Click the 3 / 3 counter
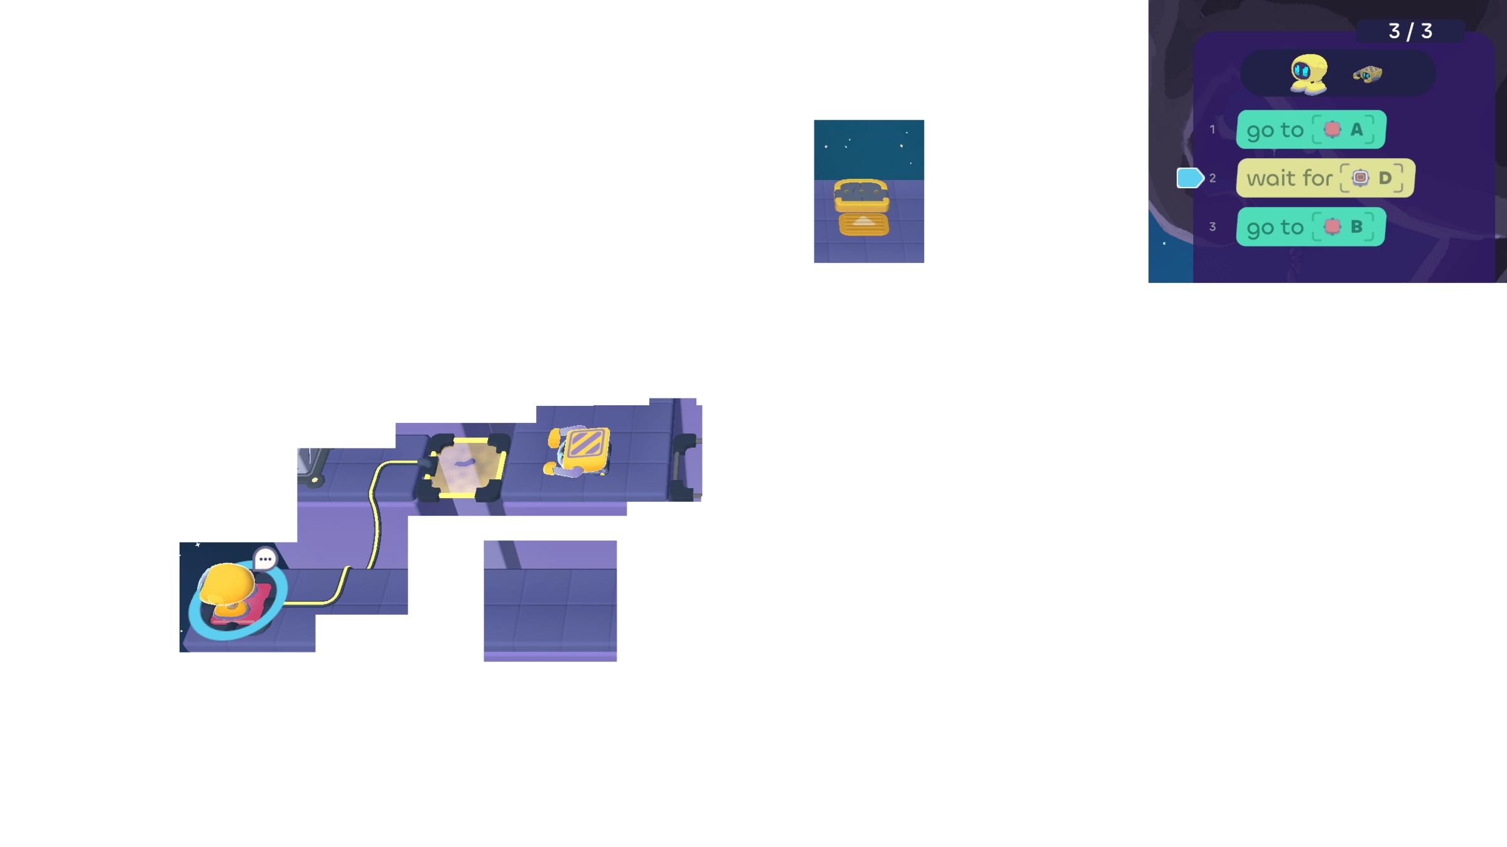[1410, 31]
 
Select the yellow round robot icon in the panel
[1309, 74]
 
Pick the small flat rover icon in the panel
[1368, 75]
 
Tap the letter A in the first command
[1357, 129]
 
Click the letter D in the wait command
[1385, 178]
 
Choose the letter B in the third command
[1357, 226]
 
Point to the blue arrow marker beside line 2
[1189, 178]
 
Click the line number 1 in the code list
[1213, 130]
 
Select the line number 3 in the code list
[1213, 226]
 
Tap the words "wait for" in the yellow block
[1289, 179]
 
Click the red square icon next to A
[1332, 129]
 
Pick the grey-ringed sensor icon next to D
[1360, 178]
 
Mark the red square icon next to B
[1332, 226]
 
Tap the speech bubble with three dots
[265, 558]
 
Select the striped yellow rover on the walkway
[581, 450]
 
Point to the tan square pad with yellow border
[465, 468]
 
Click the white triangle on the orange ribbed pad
[864, 221]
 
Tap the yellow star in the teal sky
[902, 146]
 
